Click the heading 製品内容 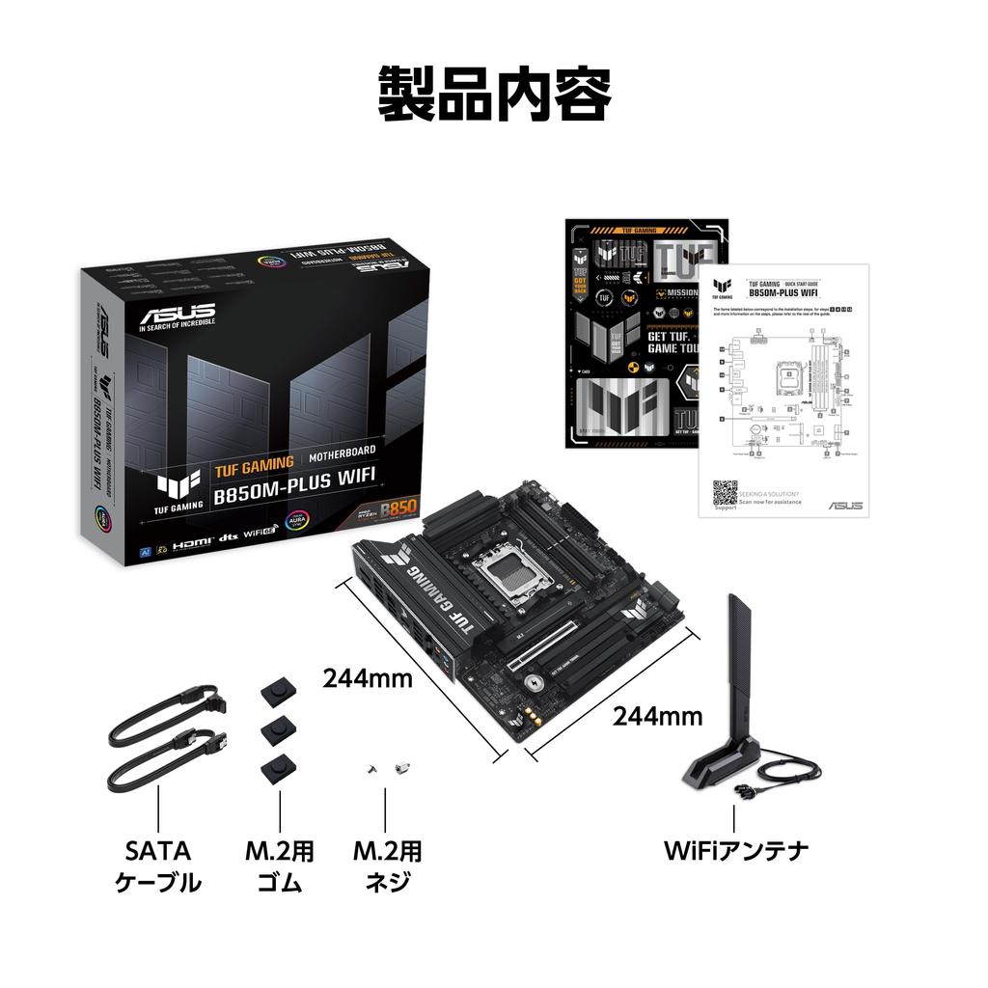[493, 95]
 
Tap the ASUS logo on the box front [178, 316]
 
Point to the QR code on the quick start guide [725, 492]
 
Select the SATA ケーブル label [158, 865]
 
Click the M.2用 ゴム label [279, 865]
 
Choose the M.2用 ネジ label [386, 865]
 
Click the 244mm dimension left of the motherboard [368, 678]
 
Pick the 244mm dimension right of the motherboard [657, 716]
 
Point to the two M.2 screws [386, 768]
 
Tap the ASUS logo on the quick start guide [845, 505]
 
